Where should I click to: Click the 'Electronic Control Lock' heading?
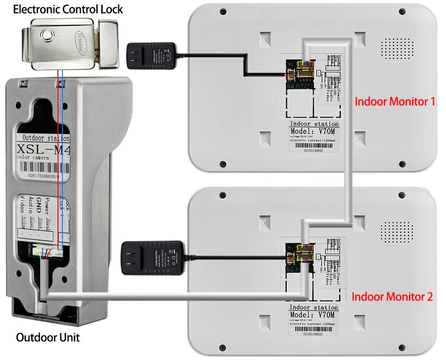[x=68, y=9]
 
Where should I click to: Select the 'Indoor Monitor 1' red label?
[x=394, y=101]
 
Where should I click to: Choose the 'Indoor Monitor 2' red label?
[x=392, y=296]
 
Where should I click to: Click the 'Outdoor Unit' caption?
[x=48, y=337]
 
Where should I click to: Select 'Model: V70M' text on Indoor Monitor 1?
[x=313, y=132]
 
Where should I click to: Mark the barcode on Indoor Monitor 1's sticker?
[x=313, y=147]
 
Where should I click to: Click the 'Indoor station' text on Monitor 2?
[x=313, y=307]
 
